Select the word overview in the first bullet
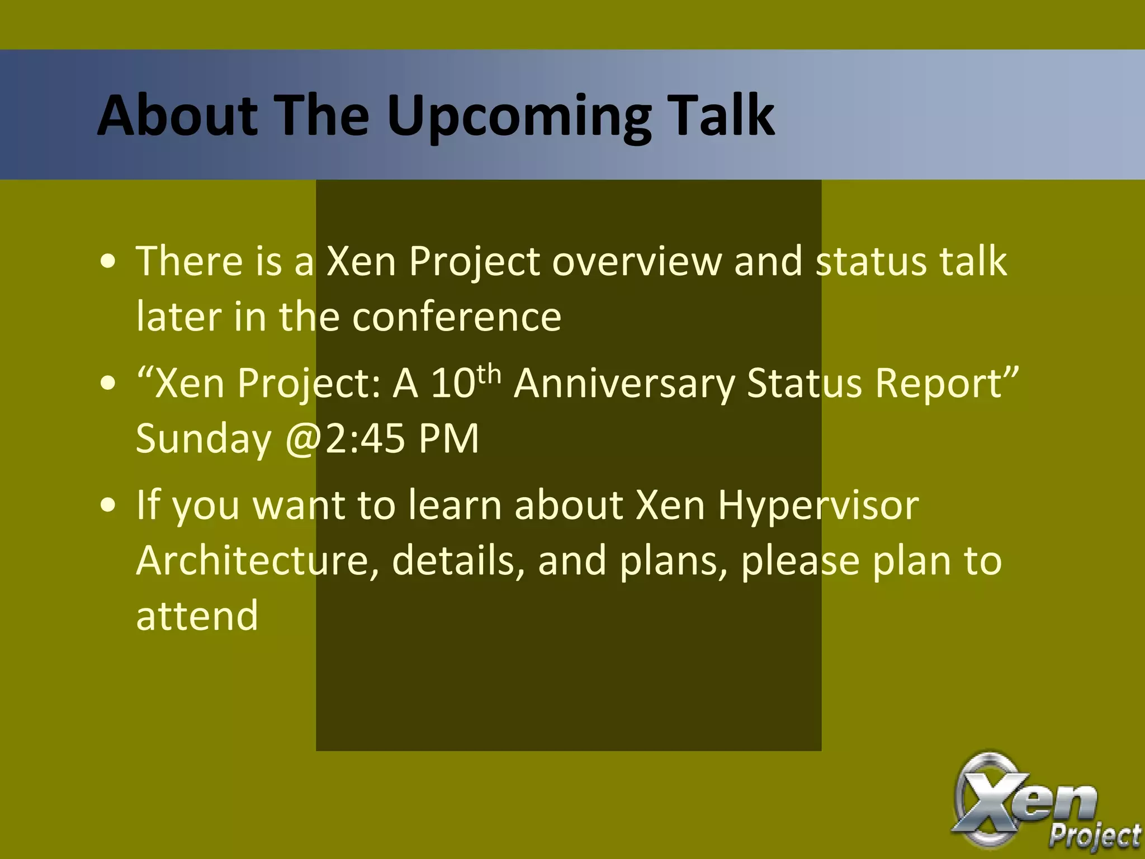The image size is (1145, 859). click(637, 261)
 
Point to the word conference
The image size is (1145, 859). click(456, 317)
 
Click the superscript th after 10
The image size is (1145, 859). click(489, 373)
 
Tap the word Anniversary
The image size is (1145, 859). click(624, 384)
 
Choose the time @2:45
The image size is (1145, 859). click(345, 438)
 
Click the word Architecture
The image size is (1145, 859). click(257, 560)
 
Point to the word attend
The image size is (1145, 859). click(197, 615)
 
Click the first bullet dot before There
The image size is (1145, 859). click(108, 262)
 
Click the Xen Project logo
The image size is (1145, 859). click(1040, 805)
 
